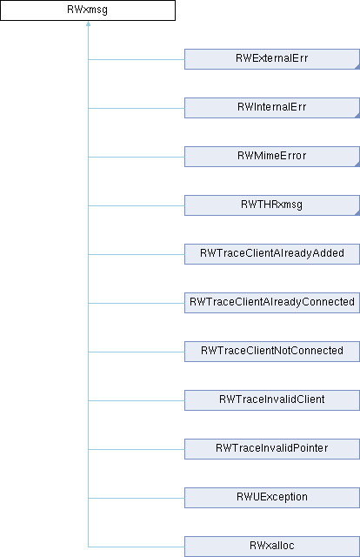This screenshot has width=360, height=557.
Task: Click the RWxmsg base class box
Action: [x=88, y=10]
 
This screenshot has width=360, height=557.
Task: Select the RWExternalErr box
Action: [x=272, y=59]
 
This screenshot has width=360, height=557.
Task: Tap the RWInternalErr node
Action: [x=272, y=108]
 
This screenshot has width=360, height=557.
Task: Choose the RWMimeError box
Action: [x=272, y=157]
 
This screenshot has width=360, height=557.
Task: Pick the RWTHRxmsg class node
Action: [x=272, y=205]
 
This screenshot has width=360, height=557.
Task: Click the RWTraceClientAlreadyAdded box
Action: [x=272, y=253]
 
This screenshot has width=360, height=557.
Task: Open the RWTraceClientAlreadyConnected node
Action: [x=272, y=302]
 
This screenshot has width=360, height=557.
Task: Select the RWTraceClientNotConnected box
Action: [x=272, y=352]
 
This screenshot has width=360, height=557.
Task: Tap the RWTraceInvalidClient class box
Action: [x=272, y=400]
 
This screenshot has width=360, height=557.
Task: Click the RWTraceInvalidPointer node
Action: [x=272, y=449]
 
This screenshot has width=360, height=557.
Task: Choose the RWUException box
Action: [x=272, y=497]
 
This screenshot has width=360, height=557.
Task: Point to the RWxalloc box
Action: [x=272, y=546]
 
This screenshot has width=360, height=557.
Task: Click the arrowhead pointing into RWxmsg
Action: [x=88, y=23]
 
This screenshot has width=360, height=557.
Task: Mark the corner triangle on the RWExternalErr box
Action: [x=358, y=67]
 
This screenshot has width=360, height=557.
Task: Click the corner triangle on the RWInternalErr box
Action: [x=358, y=116]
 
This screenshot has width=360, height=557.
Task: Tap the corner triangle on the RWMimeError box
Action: [x=358, y=164]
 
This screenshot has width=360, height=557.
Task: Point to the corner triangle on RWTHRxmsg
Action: [x=358, y=213]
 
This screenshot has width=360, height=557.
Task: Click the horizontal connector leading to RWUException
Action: [x=137, y=498]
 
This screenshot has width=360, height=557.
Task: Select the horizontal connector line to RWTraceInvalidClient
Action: [x=137, y=400]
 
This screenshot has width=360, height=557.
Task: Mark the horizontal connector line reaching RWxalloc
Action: [x=137, y=547]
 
